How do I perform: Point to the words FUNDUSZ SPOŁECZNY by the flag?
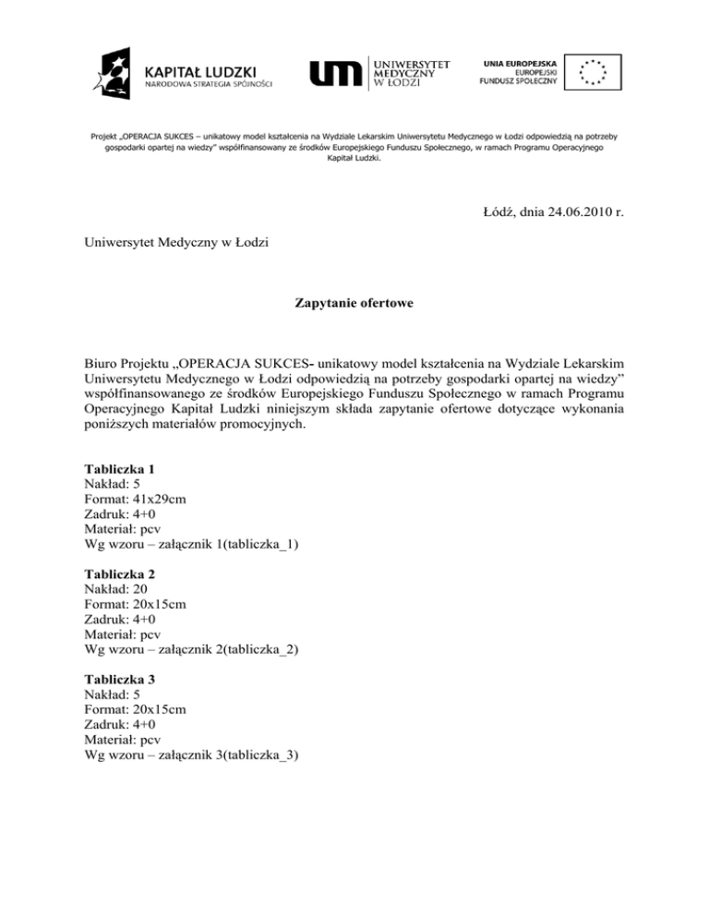coord(519,81)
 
